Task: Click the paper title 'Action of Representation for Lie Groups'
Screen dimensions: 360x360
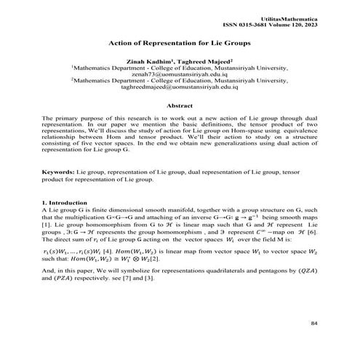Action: pos(180,43)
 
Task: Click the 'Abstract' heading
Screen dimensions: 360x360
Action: pos(180,107)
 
